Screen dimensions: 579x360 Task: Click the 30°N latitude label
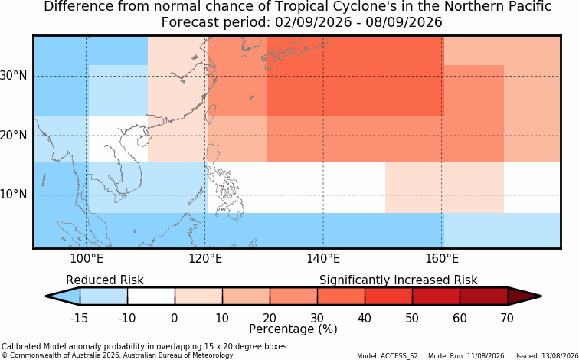pyautogui.click(x=13, y=76)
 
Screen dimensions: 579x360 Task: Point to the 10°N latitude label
pyautogui.click(x=13, y=195)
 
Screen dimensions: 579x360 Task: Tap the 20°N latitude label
pyautogui.click(x=13, y=136)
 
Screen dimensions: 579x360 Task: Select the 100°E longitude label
pyautogui.click(x=87, y=259)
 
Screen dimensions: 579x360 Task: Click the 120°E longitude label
pyautogui.click(x=205, y=259)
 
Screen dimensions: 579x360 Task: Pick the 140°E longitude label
pyautogui.click(x=323, y=259)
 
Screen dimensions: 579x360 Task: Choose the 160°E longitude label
pyautogui.click(x=442, y=259)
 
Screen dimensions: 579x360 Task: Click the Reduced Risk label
pyautogui.click(x=105, y=280)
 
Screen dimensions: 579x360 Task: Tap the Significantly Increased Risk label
pyautogui.click(x=398, y=280)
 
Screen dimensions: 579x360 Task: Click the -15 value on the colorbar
pyautogui.click(x=79, y=318)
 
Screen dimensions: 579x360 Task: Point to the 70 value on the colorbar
pyautogui.click(x=506, y=318)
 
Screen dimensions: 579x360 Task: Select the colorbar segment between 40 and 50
pyautogui.click(x=388, y=296)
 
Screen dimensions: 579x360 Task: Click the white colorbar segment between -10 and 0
pyautogui.click(x=151, y=296)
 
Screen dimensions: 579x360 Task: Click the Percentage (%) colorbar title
pyautogui.click(x=293, y=329)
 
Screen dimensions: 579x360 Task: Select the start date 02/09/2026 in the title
pyautogui.click(x=313, y=22)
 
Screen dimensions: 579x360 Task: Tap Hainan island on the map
pyautogui.click(x=142, y=141)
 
